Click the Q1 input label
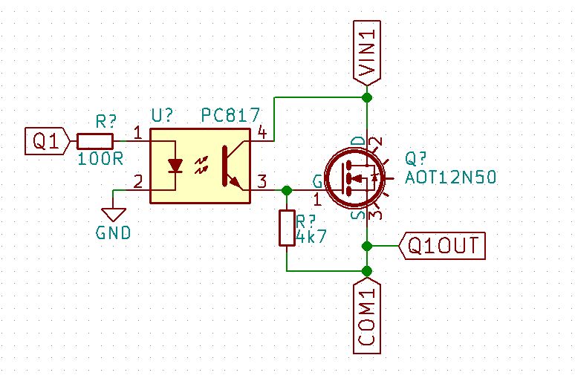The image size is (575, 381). coord(48,140)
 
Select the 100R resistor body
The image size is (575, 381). coord(95,140)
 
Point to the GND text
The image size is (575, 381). coord(113,232)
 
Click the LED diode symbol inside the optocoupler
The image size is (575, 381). coord(175,166)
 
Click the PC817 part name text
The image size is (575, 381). coord(230,116)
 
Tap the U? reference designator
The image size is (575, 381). coord(163,116)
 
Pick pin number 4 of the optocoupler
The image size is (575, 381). coord(261,132)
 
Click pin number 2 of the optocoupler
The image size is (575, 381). coord(137,180)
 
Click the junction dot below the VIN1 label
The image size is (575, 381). coord(366,97)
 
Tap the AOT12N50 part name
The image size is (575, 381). coord(450,178)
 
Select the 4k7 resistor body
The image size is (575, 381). coord(287,227)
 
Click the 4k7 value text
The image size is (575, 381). coord(311,238)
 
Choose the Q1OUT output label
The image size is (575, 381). coord(444,245)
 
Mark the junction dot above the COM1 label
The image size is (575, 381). coord(366,270)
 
